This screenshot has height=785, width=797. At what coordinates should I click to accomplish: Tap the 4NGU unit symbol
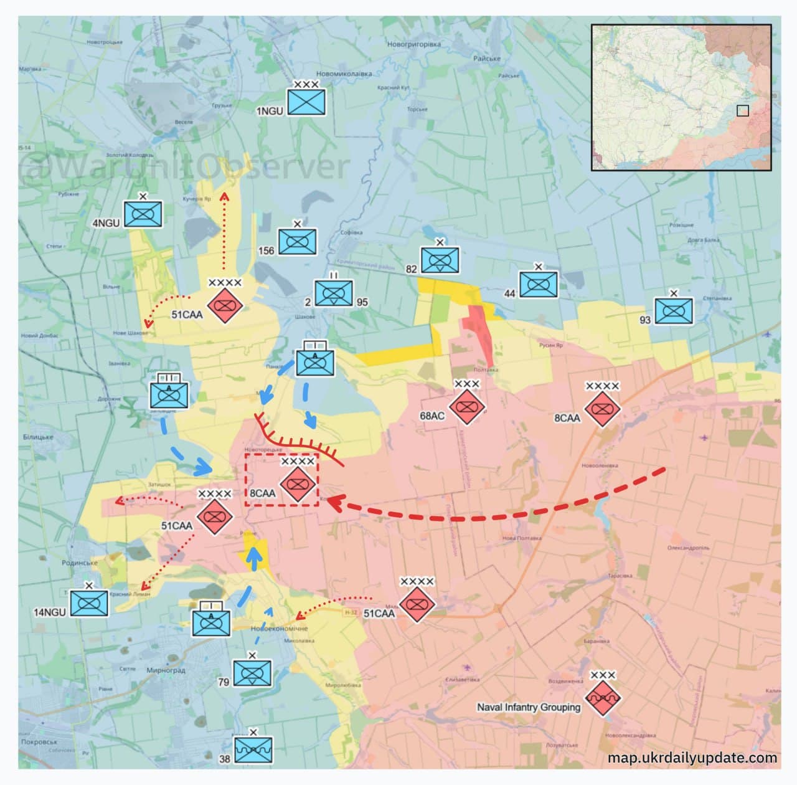143,214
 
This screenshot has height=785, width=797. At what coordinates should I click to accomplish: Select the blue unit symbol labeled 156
297,242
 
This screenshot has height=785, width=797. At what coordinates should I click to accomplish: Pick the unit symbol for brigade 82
440,260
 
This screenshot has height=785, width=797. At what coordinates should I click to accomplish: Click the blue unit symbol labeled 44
539,284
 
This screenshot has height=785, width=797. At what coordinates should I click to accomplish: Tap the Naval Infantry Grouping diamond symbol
603,698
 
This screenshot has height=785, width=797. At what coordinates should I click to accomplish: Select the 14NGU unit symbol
89,603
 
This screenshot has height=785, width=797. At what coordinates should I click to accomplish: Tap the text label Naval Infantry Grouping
529,707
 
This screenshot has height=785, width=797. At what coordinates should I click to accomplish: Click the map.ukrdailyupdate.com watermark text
692,758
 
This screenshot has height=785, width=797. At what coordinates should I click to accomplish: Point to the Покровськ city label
39,742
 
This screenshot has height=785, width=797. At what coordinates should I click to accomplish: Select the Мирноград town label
166,670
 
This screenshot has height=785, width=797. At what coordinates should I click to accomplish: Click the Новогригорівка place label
413,44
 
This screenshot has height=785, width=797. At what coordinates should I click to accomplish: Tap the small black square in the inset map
742,110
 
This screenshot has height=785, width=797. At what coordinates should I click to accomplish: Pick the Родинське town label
80,563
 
